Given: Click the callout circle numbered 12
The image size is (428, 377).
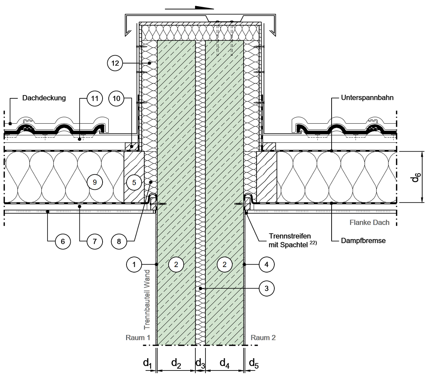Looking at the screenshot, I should point(115,63).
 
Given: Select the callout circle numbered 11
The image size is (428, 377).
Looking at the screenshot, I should point(95,98).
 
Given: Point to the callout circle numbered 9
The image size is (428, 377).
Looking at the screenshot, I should point(95,182).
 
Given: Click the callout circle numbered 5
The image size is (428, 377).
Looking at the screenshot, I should point(134,182).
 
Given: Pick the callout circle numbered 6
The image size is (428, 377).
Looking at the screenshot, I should point(63,241).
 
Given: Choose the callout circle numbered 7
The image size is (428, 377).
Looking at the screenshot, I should point(95,241).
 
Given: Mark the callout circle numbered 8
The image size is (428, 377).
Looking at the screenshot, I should point(119,241).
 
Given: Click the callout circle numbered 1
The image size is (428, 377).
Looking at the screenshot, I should point(134,265).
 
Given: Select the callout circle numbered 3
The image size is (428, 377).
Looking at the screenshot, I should point(266,288).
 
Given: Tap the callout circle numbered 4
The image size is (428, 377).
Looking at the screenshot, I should point(266,265).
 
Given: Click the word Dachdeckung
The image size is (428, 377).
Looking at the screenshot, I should point(44,98).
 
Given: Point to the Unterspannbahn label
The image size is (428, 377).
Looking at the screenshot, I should point(367,98).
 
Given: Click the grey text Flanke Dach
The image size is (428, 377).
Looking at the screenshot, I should point(369,222).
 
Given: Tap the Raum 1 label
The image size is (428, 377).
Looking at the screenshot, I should point(138,337).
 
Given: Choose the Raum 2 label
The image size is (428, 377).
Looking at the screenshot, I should point(263,337).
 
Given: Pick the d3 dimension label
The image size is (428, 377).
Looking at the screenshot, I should point(200,362).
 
